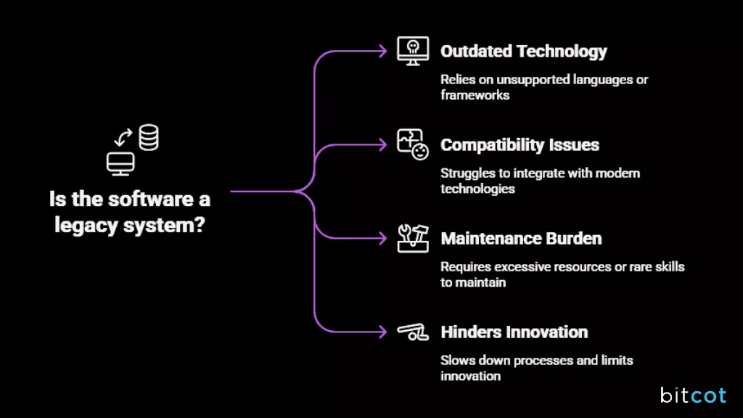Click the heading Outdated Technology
pyautogui.click(x=523, y=52)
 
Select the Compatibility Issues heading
pyautogui.click(x=520, y=145)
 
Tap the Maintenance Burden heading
pyautogui.click(x=521, y=239)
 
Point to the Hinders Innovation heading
pyautogui.click(x=514, y=332)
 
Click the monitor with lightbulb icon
pyautogui.click(x=412, y=52)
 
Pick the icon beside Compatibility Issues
pyautogui.click(x=412, y=144)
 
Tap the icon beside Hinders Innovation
pyautogui.click(x=412, y=332)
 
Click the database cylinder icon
pyautogui.click(x=149, y=138)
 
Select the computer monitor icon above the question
pyautogui.click(x=120, y=164)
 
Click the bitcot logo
pyautogui.click(x=694, y=395)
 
